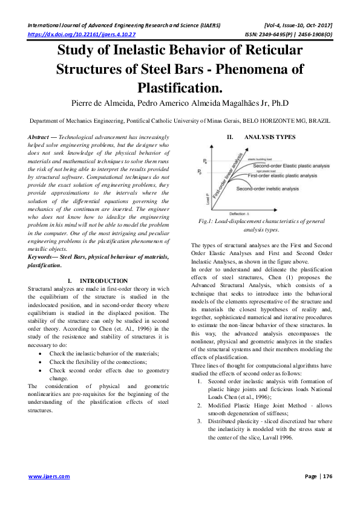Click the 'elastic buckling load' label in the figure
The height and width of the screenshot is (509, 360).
point(259,158)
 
